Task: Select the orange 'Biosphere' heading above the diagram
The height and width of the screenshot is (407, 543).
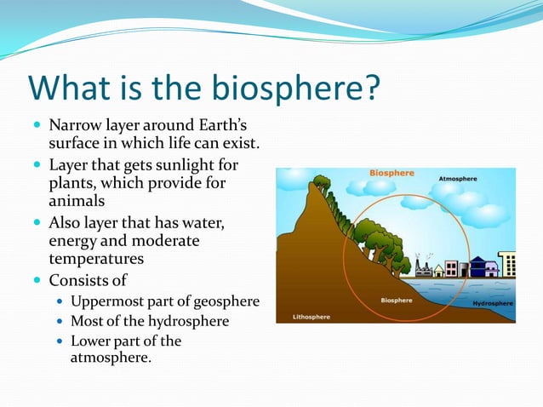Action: click(392, 173)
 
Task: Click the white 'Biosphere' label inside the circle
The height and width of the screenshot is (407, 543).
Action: click(397, 300)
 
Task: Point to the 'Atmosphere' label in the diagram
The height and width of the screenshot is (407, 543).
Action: click(458, 179)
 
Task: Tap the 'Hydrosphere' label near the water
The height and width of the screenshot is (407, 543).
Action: click(493, 303)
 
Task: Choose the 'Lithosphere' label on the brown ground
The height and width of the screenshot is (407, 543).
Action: click(312, 316)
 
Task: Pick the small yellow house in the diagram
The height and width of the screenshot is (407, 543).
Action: click(439, 270)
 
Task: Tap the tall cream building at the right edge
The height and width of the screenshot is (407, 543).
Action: click(507, 263)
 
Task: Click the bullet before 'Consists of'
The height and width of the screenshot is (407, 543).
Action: click(37, 280)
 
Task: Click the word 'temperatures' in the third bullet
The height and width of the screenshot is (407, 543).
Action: click(95, 258)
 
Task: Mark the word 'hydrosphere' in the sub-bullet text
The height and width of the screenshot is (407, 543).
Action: click(189, 321)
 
